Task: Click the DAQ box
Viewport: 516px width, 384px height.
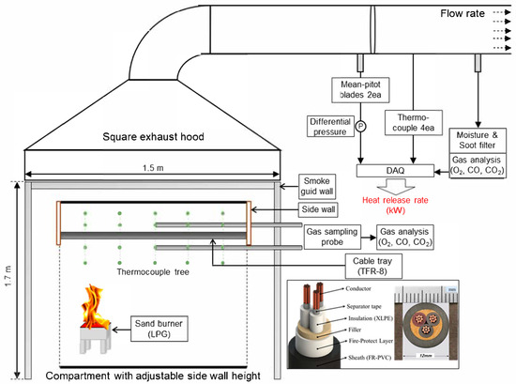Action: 395,171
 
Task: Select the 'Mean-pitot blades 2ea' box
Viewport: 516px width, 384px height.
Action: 360,90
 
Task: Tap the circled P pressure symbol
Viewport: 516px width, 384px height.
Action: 360,126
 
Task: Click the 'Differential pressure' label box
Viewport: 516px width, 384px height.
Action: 330,127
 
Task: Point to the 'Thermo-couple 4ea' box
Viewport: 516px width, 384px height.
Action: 414,123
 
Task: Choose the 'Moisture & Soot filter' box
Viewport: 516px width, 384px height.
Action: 478,140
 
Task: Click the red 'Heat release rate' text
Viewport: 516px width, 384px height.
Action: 395,200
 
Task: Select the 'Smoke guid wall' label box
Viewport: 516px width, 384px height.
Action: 317,187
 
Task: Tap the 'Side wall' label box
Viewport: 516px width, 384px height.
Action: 318,209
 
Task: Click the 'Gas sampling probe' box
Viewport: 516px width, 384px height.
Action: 332,237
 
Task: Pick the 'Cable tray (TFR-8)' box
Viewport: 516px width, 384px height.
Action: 373,266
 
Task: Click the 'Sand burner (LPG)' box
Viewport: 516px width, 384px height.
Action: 159,329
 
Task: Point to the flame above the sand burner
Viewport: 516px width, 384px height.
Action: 95,306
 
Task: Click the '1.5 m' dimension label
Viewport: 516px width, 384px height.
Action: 153,168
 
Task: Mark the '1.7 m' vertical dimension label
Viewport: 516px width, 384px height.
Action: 8,275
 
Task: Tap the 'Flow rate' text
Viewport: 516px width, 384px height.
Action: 463,13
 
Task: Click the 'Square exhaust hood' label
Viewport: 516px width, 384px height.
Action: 153,137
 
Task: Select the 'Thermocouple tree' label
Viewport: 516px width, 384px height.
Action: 153,272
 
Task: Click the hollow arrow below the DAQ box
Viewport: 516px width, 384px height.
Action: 396,186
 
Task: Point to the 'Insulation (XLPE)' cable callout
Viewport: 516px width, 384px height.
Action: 371,318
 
